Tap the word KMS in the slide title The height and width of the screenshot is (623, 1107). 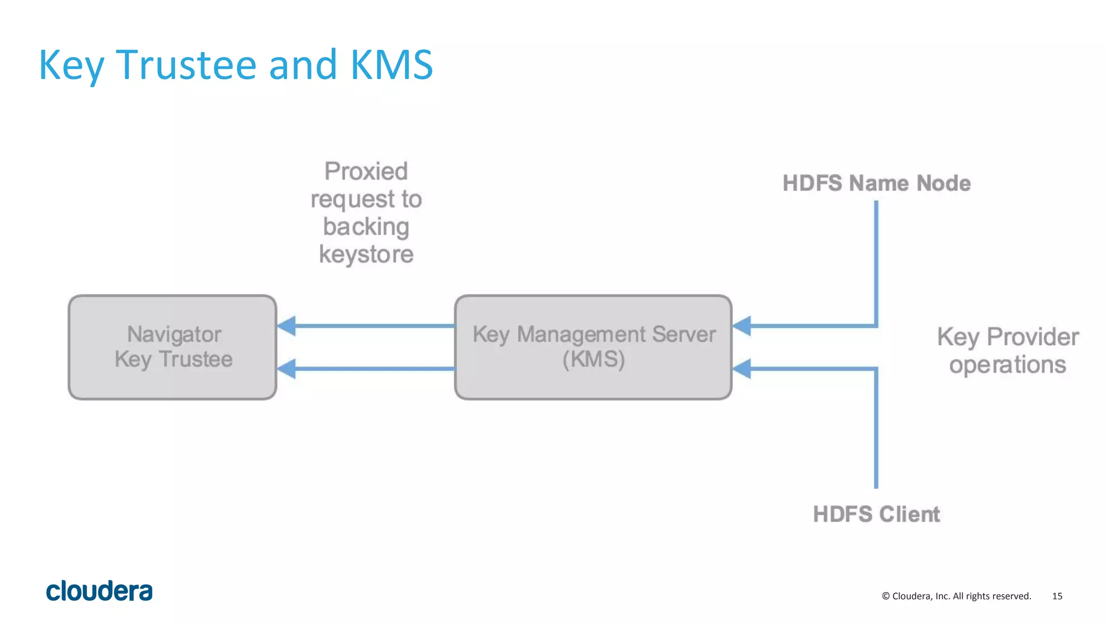(391, 65)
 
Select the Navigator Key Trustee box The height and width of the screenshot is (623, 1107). (172, 347)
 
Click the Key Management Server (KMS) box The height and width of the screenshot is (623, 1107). (593, 347)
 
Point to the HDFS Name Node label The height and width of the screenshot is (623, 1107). (876, 184)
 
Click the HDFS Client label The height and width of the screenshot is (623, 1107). (876, 514)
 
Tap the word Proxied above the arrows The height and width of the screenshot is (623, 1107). (366, 172)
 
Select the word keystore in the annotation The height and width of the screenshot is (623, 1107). (366, 254)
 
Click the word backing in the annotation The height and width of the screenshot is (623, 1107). (366, 227)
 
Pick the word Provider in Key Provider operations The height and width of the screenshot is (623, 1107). (1032, 337)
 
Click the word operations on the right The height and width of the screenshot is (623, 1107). (1008, 365)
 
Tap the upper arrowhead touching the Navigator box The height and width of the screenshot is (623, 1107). (286, 326)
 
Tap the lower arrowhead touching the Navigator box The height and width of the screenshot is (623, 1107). (286, 369)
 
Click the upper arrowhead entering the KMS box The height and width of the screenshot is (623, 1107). (742, 326)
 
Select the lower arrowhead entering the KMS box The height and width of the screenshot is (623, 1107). (742, 369)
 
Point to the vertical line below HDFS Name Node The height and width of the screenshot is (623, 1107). (876, 259)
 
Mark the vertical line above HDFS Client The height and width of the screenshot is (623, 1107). (876, 432)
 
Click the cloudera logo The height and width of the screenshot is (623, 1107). (99, 591)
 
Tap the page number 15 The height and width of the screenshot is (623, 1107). (1057, 596)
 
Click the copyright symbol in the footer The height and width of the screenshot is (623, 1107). (885, 596)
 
